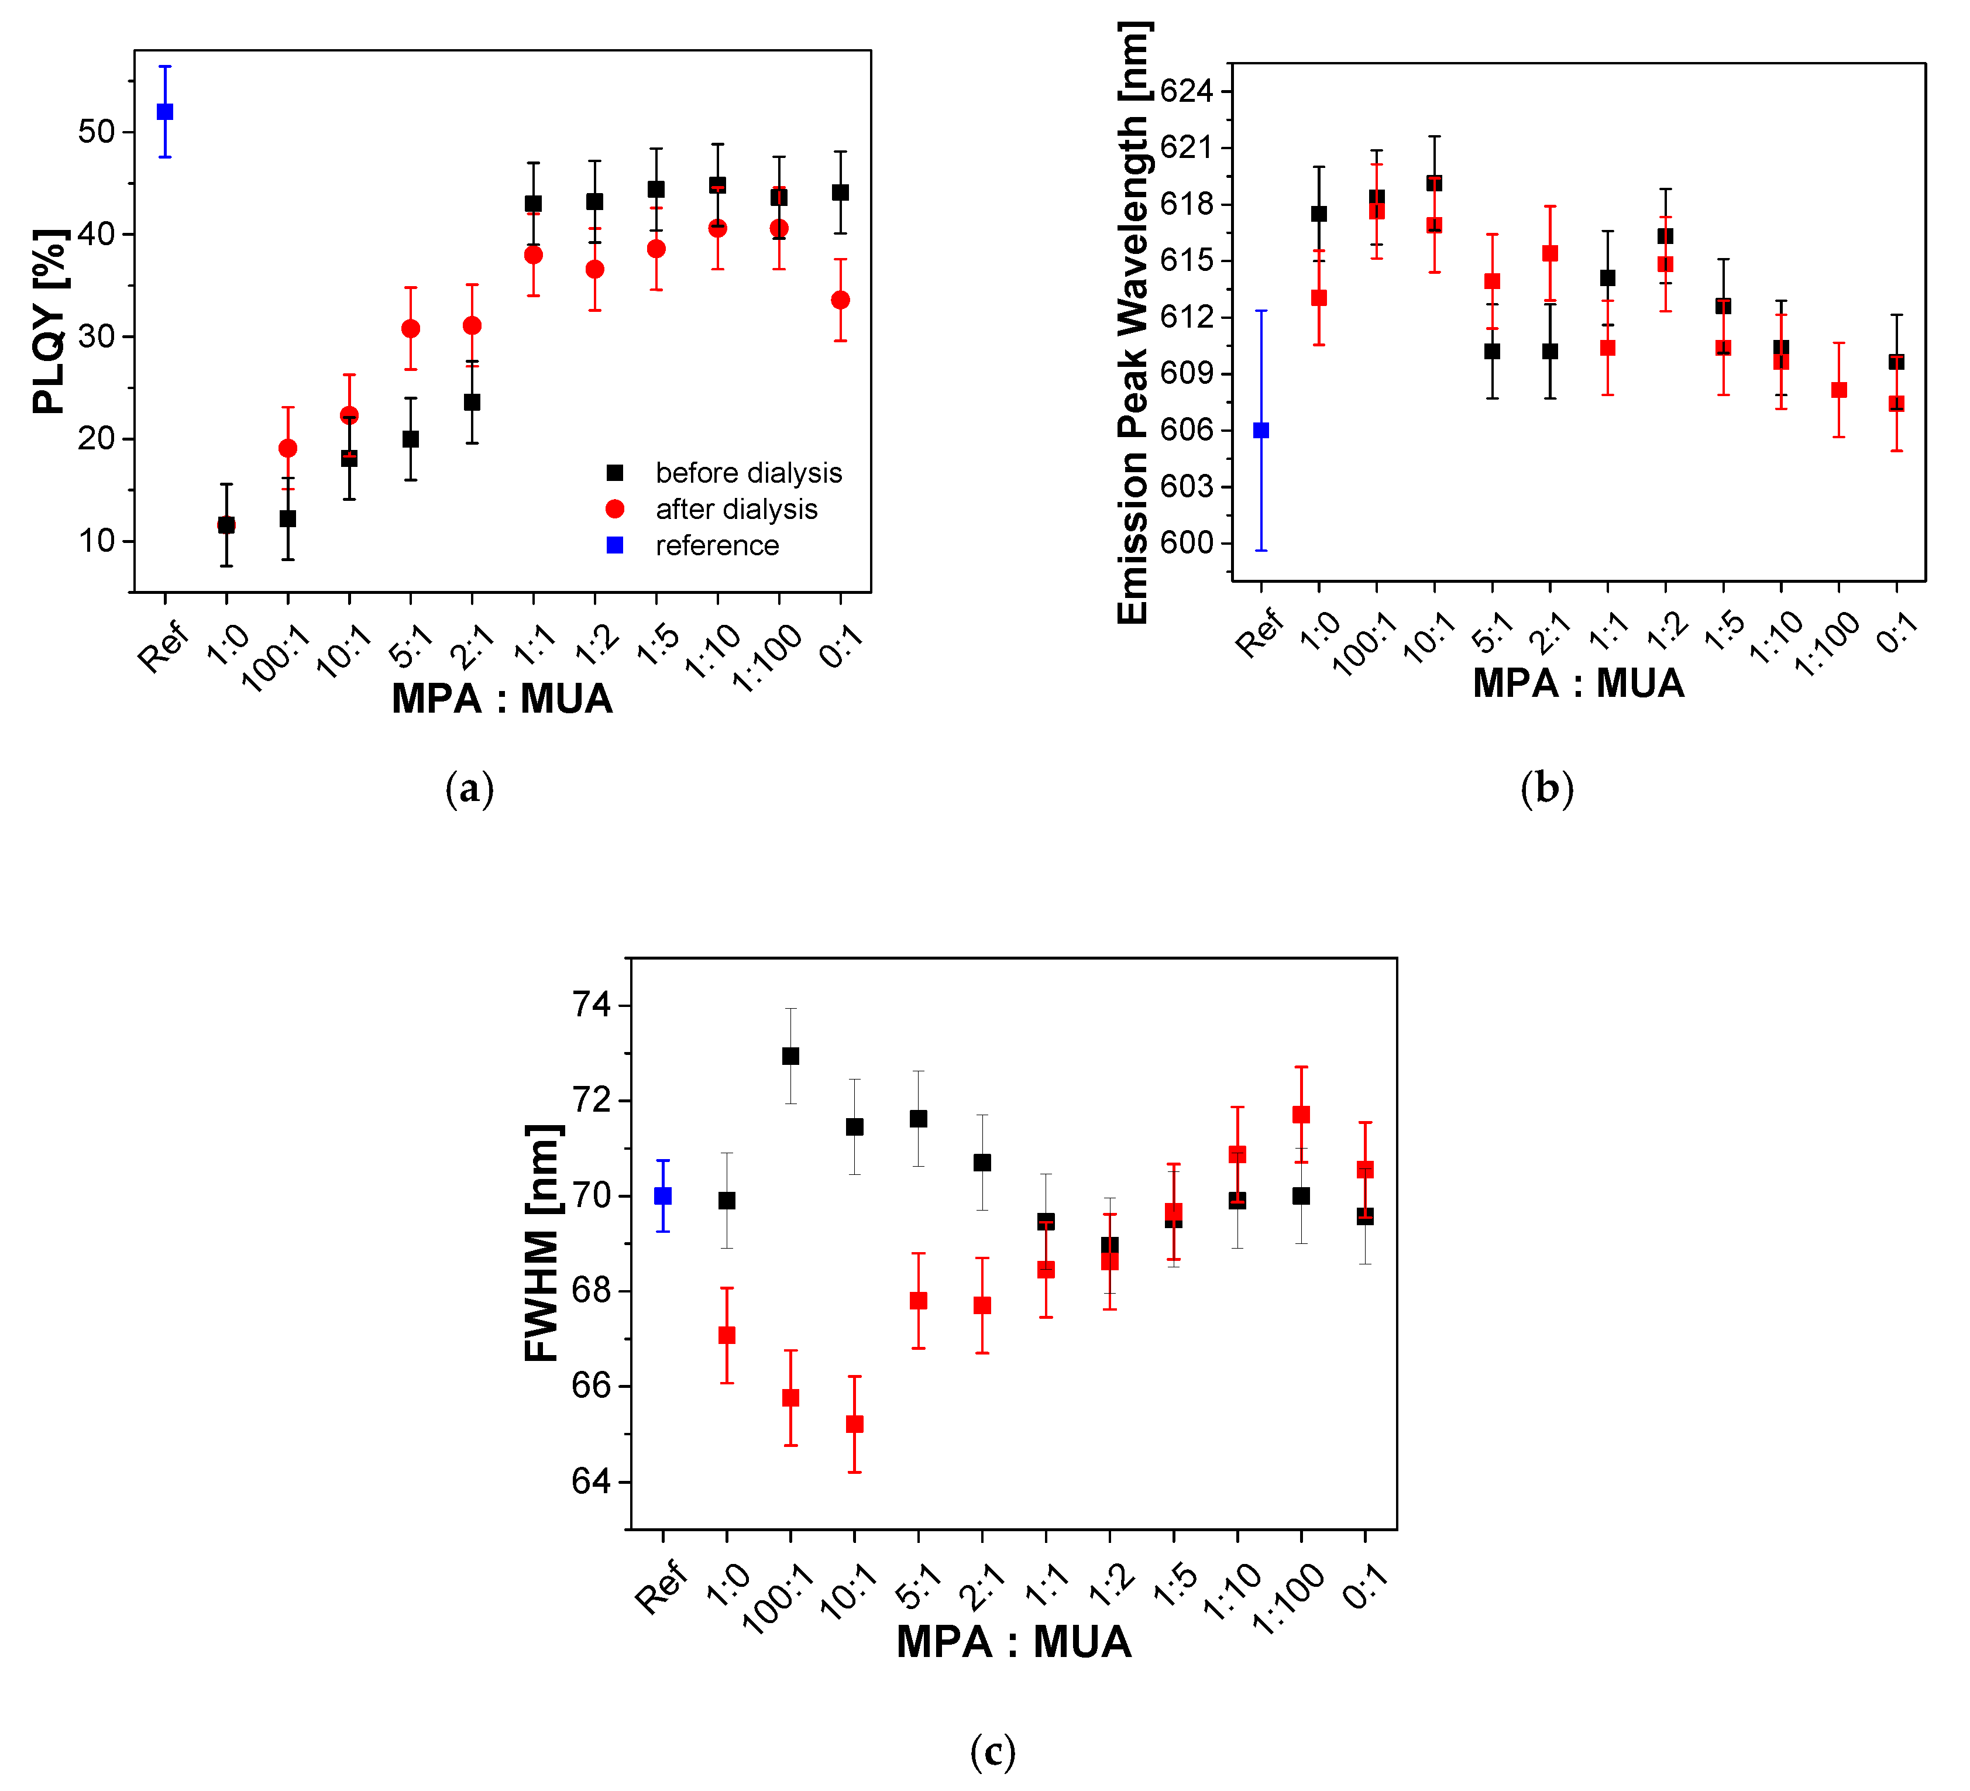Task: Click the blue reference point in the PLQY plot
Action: [165, 112]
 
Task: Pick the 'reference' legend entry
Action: [716, 545]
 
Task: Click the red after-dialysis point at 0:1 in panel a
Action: [840, 300]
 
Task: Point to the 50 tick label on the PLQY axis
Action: [97, 132]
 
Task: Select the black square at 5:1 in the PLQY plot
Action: [410, 439]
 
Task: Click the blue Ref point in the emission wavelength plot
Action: [1261, 430]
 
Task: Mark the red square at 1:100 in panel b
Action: [1839, 390]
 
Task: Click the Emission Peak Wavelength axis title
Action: [1133, 322]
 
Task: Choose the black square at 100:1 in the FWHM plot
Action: [790, 1056]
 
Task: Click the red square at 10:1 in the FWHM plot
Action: [855, 1424]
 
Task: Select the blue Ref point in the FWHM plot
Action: [662, 1196]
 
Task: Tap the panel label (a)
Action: [469, 789]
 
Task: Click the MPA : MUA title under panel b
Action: [1578, 683]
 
